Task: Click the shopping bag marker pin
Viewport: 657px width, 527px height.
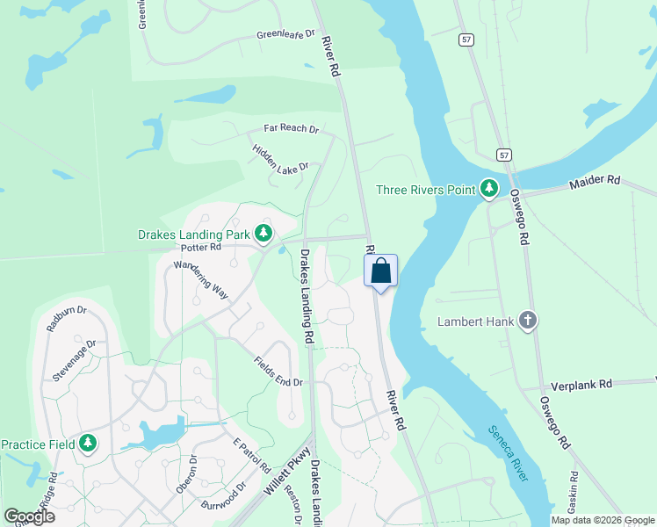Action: click(x=380, y=271)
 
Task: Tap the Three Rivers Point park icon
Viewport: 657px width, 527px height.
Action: click(x=489, y=189)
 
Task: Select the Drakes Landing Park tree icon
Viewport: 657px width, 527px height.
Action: click(x=263, y=234)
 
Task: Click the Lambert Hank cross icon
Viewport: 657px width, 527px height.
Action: click(x=528, y=321)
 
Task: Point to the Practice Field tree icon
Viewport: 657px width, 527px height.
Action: click(x=87, y=444)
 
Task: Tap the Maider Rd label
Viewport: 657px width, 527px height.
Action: click(x=595, y=181)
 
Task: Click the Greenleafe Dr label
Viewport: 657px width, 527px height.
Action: click(x=285, y=34)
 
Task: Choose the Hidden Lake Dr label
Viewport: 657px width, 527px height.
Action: click(x=281, y=158)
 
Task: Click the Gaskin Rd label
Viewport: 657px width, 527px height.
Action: click(x=571, y=502)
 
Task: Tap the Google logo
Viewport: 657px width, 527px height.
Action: click(x=29, y=516)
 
